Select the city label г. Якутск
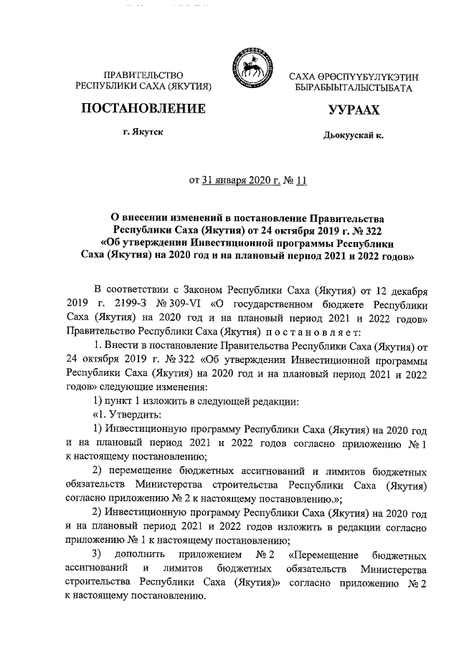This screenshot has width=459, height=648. tap(143, 133)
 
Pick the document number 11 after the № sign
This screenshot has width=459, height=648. tap(301, 180)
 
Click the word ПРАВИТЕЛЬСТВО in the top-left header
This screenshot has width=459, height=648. tap(143, 75)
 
